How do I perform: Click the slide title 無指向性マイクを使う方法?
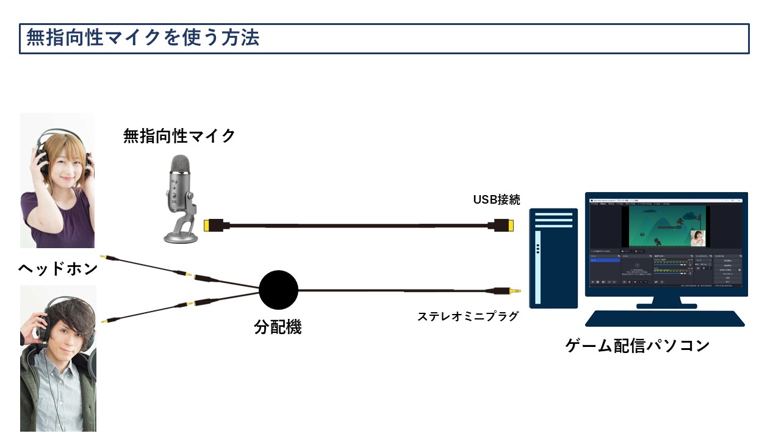coord(143,38)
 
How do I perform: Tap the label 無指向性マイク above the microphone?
coord(179,135)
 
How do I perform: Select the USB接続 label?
coord(497,199)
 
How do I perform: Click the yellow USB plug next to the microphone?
coord(211,225)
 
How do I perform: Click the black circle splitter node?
coord(278,290)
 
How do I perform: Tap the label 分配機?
coord(278,327)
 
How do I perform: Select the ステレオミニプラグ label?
coord(467,316)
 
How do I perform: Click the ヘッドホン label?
coord(58,269)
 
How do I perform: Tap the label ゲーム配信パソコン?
coord(637,345)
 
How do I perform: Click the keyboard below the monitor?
coord(664,318)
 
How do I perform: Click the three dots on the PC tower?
coord(538,248)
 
